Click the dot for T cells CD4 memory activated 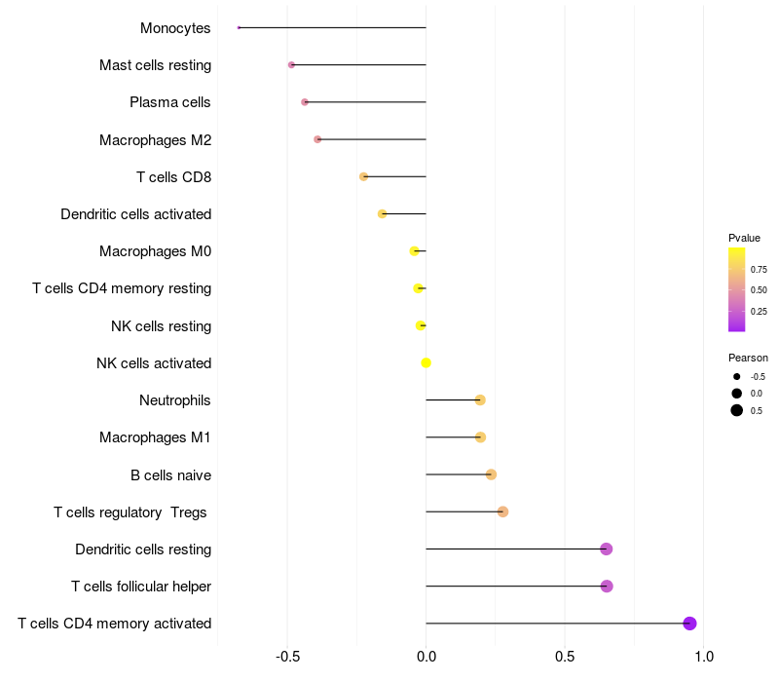(689, 624)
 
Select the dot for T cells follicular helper (607, 587)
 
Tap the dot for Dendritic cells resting (606, 549)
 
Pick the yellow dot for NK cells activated (426, 363)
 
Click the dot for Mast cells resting (291, 65)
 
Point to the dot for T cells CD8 (363, 176)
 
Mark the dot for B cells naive (491, 474)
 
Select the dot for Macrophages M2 (317, 139)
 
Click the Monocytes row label (175, 28)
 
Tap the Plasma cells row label (170, 102)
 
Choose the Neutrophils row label (175, 400)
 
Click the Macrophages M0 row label (155, 251)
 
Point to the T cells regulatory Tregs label (130, 512)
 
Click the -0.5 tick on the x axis (286, 657)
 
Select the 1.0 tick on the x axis (703, 657)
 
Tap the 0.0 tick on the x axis (426, 657)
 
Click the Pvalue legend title (744, 238)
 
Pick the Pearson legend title (748, 358)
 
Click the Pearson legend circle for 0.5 (737, 410)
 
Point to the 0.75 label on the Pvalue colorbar (759, 270)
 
